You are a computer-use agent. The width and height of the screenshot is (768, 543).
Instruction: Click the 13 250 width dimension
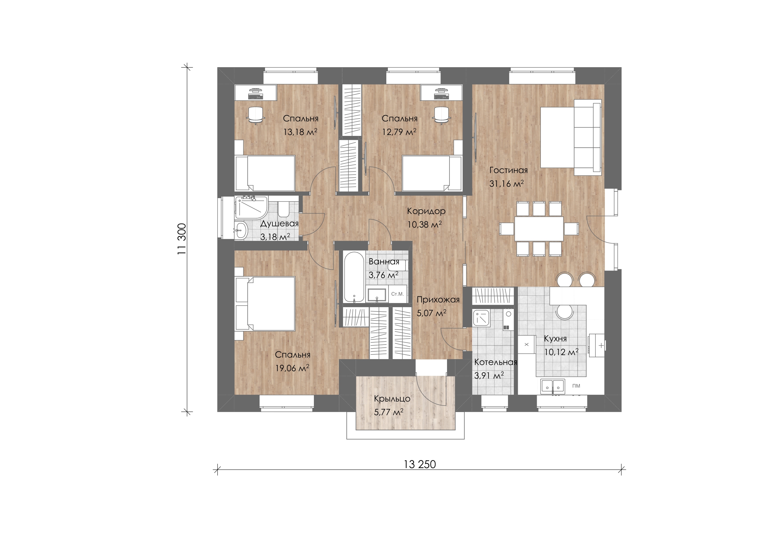420,464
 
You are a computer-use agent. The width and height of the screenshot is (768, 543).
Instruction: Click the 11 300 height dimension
182,239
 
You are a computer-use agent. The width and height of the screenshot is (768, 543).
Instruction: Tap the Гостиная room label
508,170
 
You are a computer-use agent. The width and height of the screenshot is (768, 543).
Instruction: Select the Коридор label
426,211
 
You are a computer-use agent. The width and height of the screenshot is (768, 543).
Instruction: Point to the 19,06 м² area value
292,368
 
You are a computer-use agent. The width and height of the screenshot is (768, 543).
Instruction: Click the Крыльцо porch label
392,399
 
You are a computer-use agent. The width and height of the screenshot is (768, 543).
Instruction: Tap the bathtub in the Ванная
354,277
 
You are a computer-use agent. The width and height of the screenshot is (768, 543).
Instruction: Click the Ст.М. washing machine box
398,294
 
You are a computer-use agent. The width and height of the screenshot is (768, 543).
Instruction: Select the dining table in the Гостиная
539,229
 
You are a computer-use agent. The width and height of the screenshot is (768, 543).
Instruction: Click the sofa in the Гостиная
588,137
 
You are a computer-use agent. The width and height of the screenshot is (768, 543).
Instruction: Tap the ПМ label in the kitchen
576,386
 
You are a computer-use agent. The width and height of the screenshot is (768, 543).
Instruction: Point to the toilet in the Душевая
284,209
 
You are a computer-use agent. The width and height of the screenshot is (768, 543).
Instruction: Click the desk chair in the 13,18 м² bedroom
256,115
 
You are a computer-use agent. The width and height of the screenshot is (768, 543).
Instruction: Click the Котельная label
496,362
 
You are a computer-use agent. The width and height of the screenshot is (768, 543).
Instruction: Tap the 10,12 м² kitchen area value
561,352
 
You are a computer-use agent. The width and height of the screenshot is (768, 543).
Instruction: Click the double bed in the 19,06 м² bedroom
265,304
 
